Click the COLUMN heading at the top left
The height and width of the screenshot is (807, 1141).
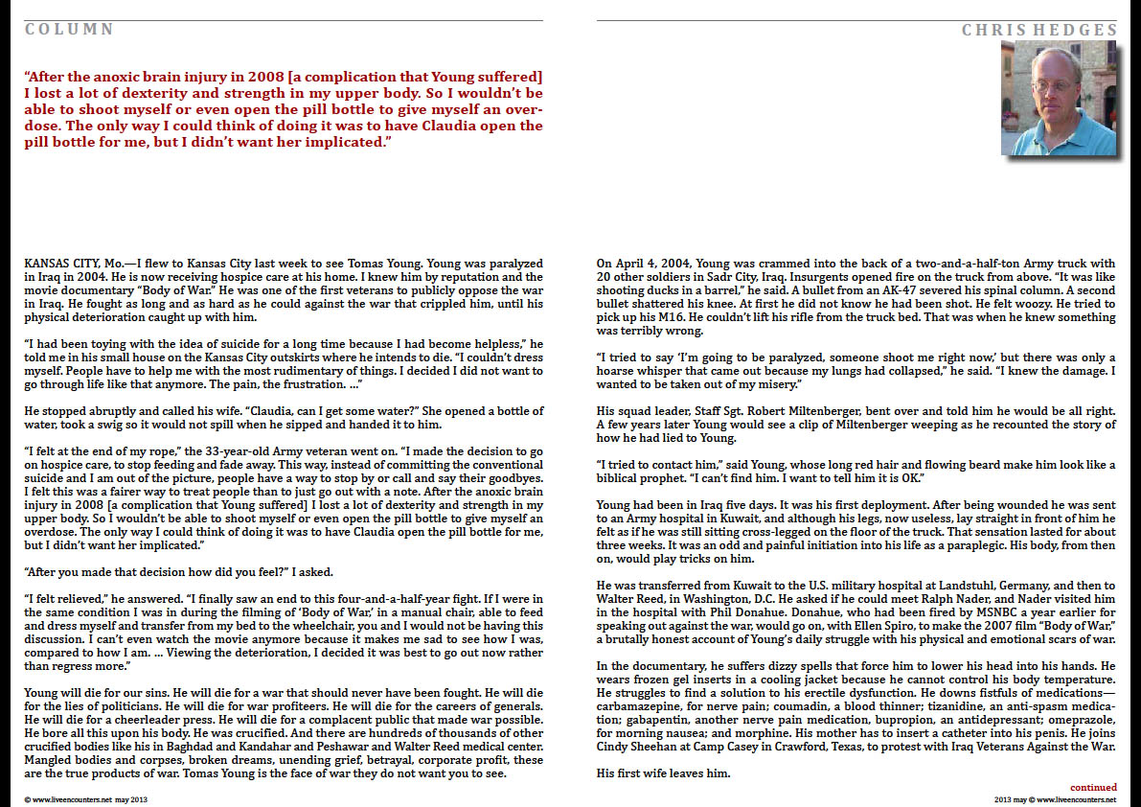(69, 30)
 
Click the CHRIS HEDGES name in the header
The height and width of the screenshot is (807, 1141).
(1039, 30)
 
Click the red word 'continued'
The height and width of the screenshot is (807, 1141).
(1093, 787)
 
